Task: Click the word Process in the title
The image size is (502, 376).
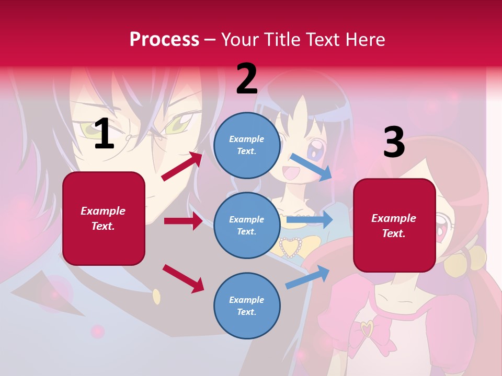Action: [x=164, y=39]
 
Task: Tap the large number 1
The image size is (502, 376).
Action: [x=104, y=134]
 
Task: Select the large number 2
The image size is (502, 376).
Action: [x=247, y=79]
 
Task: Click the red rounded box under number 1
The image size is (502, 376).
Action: [x=104, y=218]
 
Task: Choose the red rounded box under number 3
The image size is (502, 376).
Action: [x=394, y=225]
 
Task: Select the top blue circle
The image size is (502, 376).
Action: [x=247, y=145]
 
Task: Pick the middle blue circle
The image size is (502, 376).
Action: [x=247, y=226]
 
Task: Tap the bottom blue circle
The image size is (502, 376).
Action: [x=247, y=305]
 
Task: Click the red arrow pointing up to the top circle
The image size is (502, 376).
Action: [x=182, y=166]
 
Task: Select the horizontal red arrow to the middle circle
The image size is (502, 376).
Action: [x=183, y=221]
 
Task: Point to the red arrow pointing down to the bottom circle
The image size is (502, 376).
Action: [x=183, y=278]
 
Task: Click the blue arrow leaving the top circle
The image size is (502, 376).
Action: [x=312, y=167]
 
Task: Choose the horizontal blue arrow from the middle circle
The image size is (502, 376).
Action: [x=309, y=219]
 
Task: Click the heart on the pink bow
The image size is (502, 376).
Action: [x=368, y=329]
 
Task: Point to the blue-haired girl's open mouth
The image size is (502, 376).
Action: [x=289, y=171]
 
